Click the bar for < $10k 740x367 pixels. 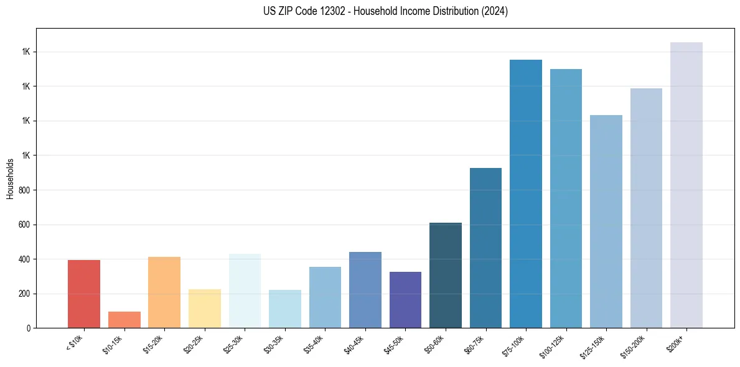click(84, 294)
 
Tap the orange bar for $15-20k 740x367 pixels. click(164, 292)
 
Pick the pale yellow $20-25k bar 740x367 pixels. click(205, 309)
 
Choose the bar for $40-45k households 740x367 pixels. click(365, 290)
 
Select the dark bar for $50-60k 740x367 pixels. click(446, 275)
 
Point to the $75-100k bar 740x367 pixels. click(526, 193)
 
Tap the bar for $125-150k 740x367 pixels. click(606, 221)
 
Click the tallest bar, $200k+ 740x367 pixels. click(686, 185)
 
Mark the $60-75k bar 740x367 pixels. click(485, 248)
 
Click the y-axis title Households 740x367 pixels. click(10, 179)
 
